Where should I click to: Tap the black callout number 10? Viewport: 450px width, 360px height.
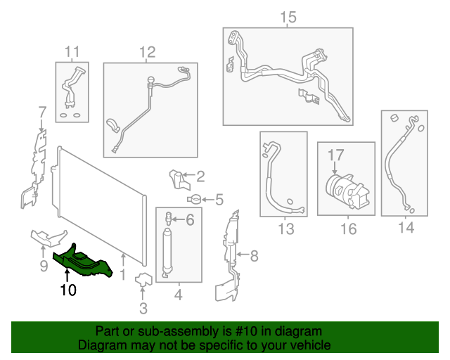pyautogui.click(x=68, y=290)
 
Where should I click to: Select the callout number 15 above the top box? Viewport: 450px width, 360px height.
pyautogui.click(x=288, y=17)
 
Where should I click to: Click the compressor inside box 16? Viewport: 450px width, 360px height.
pyautogui.click(x=347, y=190)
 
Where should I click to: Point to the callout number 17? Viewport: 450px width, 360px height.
pyautogui.click(x=335, y=155)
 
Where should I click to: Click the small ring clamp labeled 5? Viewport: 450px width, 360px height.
pyautogui.click(x=194, y=199)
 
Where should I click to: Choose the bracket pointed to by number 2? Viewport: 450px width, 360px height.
pyautogui.click(x=179, y=180)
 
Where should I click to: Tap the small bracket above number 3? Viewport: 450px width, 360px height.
pyautogui.click(x=143, y=279)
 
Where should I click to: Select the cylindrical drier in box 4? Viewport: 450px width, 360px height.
pyautogui.click(x=167, y=252)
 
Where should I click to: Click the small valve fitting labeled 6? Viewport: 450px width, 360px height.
pyautogui.click(x=169, y=219)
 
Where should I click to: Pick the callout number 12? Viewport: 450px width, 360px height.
pyautogui.click(x=147, y=52)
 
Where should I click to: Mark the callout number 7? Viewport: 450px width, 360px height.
pyautogui.click(x=42, y=112)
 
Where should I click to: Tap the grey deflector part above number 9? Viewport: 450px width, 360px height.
pyautogui.click(x=49, y=238)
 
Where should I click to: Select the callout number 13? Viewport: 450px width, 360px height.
pyautogui.click(x=286, y=229)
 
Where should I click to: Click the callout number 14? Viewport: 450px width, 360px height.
pyautogui.click(x=406, y=227)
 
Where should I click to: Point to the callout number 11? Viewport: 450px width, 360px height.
pyautogui.click(x=72, y=52)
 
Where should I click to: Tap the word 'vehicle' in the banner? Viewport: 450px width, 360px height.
pyautogui.click(x=314, y=345)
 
